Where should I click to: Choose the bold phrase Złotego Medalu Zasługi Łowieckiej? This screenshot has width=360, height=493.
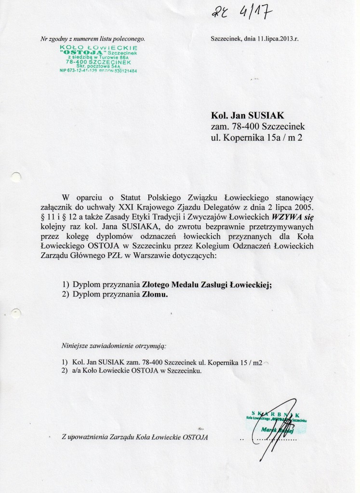(207, 284)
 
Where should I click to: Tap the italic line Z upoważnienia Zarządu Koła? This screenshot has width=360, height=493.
(135, 437)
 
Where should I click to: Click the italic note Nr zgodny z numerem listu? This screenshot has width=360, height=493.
(93, 39)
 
